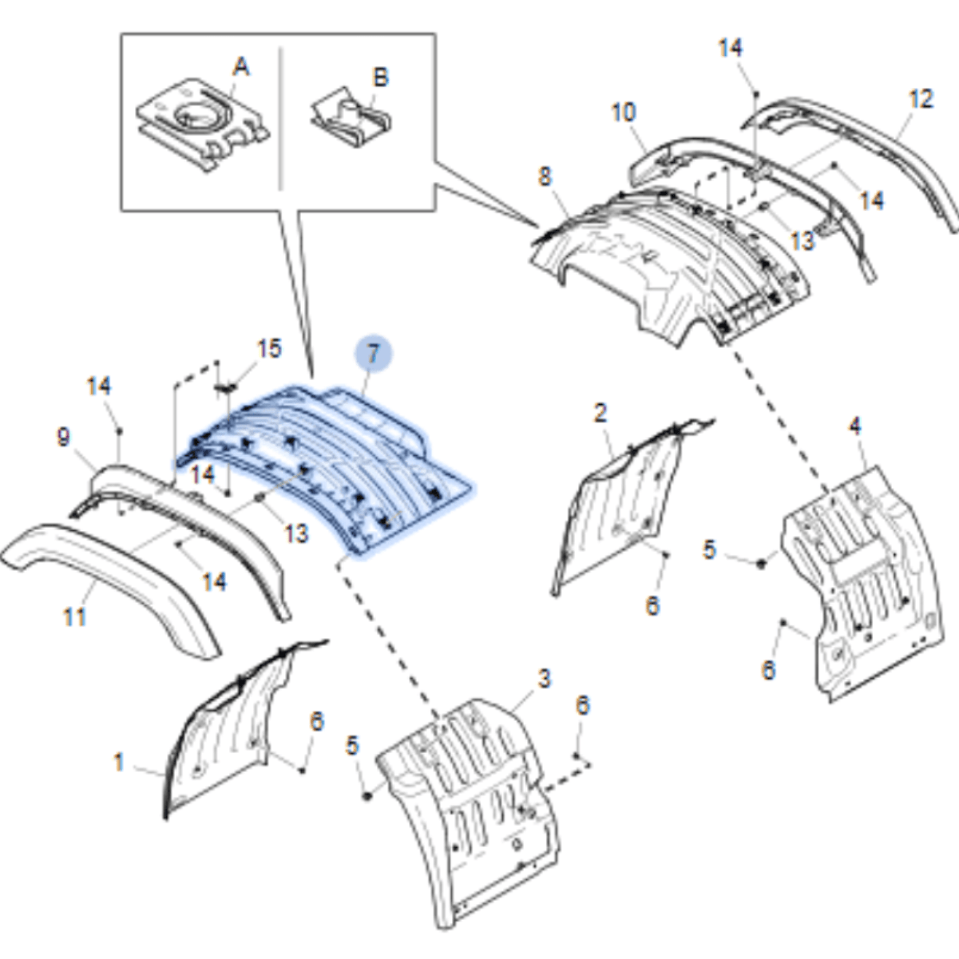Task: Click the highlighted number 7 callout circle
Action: pos(374,352)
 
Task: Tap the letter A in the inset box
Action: pos(241,67)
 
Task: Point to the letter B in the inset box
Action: pos(381,77)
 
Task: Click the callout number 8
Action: pos(545,176)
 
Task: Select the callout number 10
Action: pos(623,112)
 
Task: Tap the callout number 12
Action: pos(921,99)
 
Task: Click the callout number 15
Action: pos(269,348)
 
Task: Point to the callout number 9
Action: pos(63,437)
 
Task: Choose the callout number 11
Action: pos(74,616)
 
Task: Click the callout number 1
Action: pos(118,763)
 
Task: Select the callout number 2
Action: pos(600,413)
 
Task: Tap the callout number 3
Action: pos(544,680)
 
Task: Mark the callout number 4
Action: pos(855,426)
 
